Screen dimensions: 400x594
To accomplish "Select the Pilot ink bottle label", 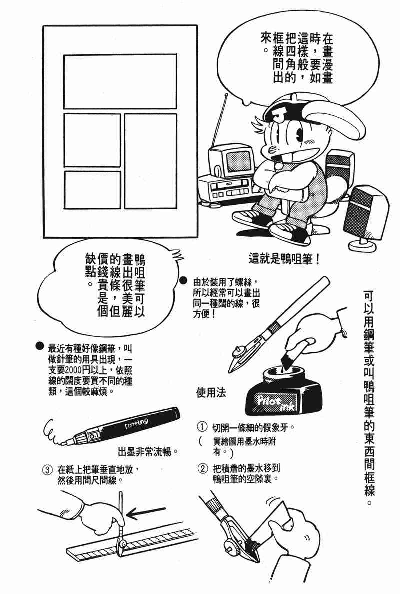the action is click(273, 402).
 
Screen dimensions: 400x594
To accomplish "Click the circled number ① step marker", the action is click(202, 427).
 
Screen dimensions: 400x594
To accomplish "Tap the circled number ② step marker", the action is click(203, 468).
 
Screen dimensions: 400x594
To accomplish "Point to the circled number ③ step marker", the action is click(46, 470).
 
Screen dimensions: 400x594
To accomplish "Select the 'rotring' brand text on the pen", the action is click(136, 423).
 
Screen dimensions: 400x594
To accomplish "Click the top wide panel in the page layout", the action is click(120, 81).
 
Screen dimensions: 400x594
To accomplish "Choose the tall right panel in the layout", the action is click(151, 161).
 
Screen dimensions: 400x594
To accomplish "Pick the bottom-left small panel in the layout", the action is click(92, 190).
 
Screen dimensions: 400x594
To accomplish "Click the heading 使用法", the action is click(211, 393).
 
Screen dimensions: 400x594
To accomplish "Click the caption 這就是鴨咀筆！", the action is click(284, 259).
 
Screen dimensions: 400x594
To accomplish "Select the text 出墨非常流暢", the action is click(147, 452).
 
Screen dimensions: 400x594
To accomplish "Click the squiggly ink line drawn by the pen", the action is click(53, 432).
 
